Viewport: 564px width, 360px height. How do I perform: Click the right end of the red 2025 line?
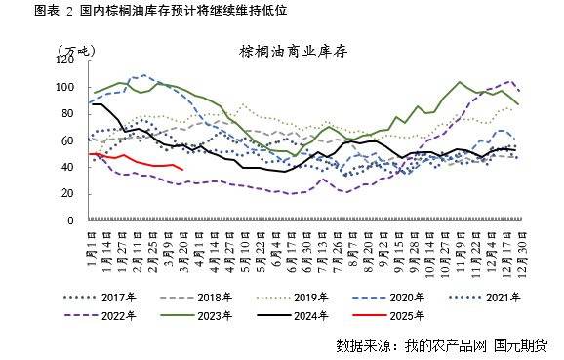pyautogui.click(x=183, y=169)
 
